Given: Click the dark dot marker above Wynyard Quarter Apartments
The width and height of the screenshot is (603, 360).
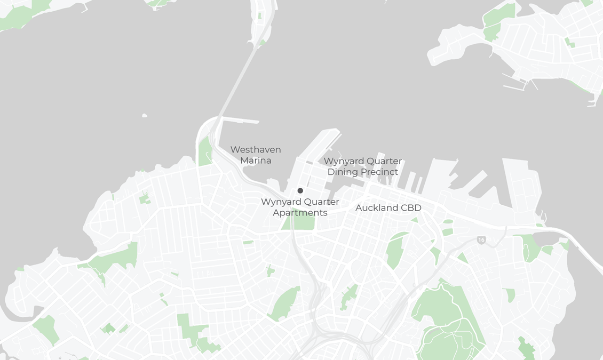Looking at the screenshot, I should (300, 191).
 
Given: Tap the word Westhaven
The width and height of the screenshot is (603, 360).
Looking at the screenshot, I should (256, 150).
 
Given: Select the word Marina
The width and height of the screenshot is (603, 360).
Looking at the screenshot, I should (256, 161).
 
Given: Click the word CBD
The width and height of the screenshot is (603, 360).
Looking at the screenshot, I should (411, 208).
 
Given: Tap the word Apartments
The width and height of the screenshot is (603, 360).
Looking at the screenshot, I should (300, 213).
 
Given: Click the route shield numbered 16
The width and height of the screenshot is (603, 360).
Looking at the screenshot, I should (481, 241).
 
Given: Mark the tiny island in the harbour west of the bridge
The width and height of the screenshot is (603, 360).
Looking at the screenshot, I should (145, 115).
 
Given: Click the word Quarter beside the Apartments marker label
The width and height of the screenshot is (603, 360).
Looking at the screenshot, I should (322, 202).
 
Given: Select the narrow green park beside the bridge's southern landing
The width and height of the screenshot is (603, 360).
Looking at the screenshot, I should (205, 152).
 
